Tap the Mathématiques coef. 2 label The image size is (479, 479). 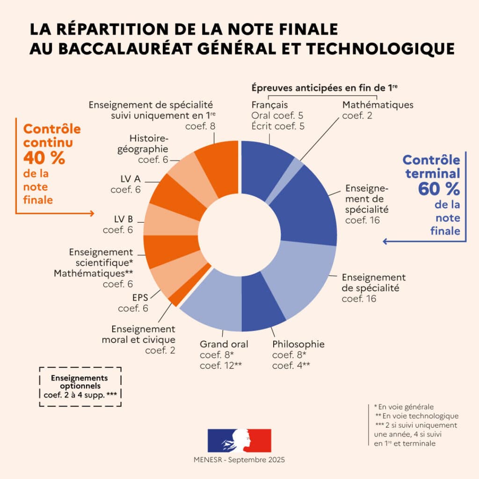377,110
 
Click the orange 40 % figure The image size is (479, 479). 44,158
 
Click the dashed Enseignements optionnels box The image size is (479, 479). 80,386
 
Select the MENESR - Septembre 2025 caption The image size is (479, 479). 239,460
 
